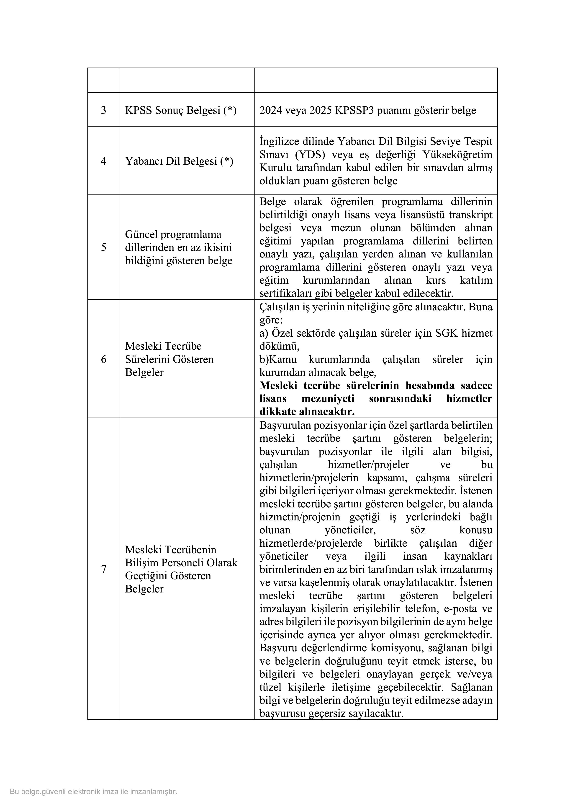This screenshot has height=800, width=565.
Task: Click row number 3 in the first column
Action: (103, 110)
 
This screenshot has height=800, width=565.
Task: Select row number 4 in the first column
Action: (103, 161)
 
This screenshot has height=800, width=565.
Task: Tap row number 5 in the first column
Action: (103, 247)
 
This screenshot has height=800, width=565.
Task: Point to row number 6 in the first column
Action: (103, 359)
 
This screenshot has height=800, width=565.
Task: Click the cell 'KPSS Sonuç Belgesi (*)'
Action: (181, 110)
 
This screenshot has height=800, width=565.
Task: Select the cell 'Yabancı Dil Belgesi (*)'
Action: (179, 161)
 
